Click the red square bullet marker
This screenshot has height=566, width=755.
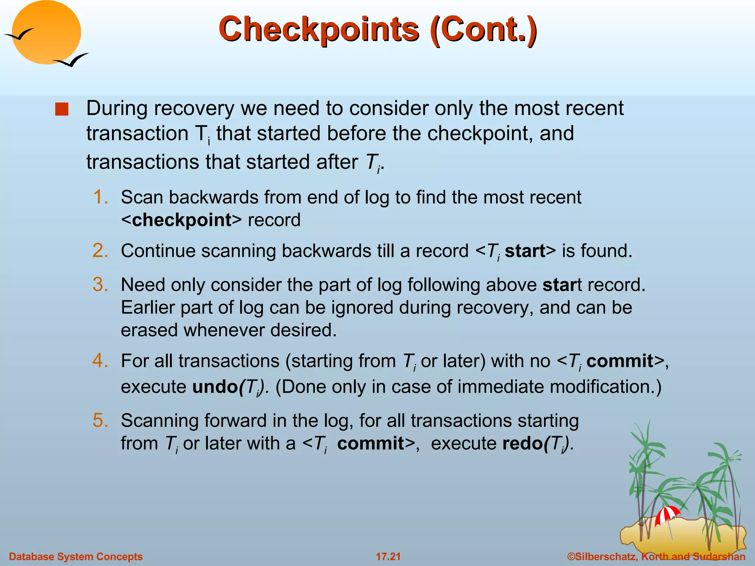pyautogui.click(x=62, y=109)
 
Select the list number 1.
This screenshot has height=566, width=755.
pyautogui.click(x=100, y=197)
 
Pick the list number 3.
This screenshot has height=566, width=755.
pyautogui.click(x=100, y=284)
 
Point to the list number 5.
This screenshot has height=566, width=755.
pyautogui.click(x=100, y=420)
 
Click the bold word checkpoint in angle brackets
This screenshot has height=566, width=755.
pyautogui.click(x=182, y=220)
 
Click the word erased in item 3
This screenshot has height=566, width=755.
pyautogui.click(x=149, y=330)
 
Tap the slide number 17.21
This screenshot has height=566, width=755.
pyautogui.click(x=388, y=556)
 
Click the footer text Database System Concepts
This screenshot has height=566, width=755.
pyautogui.click(x=76, y=556)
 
